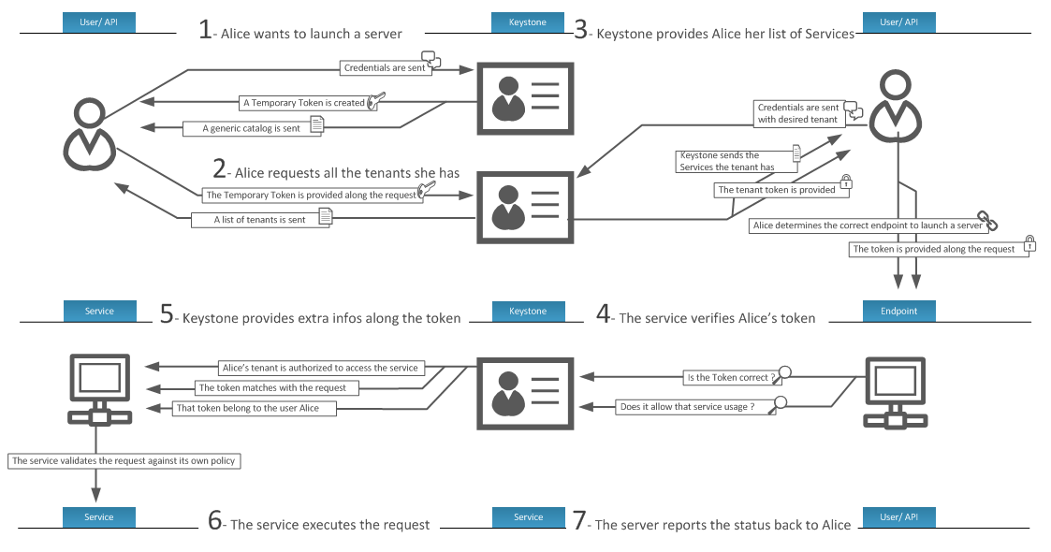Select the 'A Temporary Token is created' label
click(303, 103)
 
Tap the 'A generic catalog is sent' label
click(252, 128)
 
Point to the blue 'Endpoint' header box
click(898, 311)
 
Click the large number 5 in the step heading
click(167, 315)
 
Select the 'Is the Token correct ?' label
click(731, 378)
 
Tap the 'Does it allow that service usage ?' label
click(687, 407)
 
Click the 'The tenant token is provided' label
click(776, 190)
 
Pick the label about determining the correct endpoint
click(866, 225)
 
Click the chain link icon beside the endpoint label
click(988, 221)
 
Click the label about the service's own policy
click(124, 461)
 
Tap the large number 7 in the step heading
click(580, 522)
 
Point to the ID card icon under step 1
click(526, 96)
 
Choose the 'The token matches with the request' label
click(272, 387)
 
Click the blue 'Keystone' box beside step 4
click(528, 311)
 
